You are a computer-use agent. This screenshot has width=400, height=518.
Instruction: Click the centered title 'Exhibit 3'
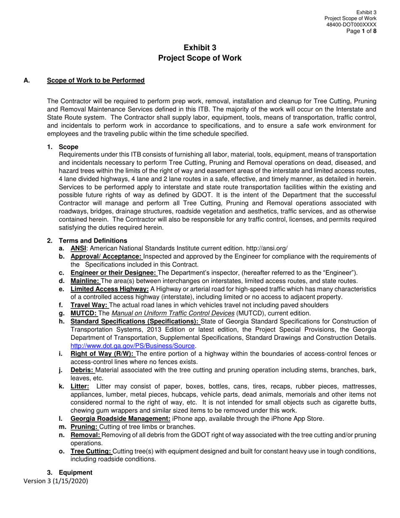[x=200, y=48]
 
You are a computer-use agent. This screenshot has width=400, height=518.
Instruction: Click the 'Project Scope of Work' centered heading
[x=200, y=58]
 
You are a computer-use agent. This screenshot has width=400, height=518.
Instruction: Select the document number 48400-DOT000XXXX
[x=351, y=25]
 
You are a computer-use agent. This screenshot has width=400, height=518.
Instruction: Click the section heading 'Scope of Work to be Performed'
[x=96, y=80]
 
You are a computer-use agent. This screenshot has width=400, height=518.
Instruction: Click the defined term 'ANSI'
[x=78, y=248]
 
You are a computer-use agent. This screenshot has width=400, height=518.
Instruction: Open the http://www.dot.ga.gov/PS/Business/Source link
[x=133, y=346]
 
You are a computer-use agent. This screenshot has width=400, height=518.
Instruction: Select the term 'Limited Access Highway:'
[x=109, y=289]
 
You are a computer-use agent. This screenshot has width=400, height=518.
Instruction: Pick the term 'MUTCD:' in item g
[x=84, y=313]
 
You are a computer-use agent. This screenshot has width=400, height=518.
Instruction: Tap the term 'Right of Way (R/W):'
[x=102, y=354]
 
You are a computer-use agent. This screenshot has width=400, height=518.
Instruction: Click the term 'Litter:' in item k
[x=80, y=386]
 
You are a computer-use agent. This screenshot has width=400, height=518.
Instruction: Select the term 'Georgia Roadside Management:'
[x=120, y=419]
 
